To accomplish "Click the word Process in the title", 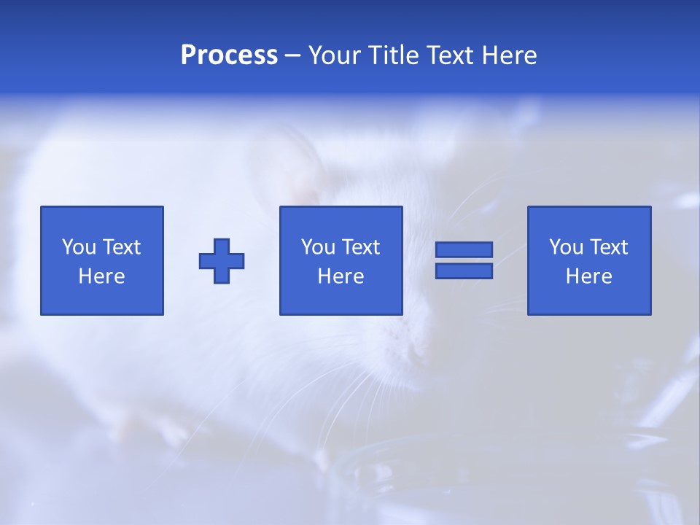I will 229,55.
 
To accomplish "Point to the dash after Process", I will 292,56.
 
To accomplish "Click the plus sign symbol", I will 222,261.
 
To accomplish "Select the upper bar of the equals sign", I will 464,249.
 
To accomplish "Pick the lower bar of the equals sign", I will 464,271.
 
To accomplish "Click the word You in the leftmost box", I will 79,247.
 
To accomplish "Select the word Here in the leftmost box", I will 102,276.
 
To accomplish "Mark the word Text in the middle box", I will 360,247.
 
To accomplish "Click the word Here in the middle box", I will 341,276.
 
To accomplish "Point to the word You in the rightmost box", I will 566,247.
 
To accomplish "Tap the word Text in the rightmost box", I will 608,247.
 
